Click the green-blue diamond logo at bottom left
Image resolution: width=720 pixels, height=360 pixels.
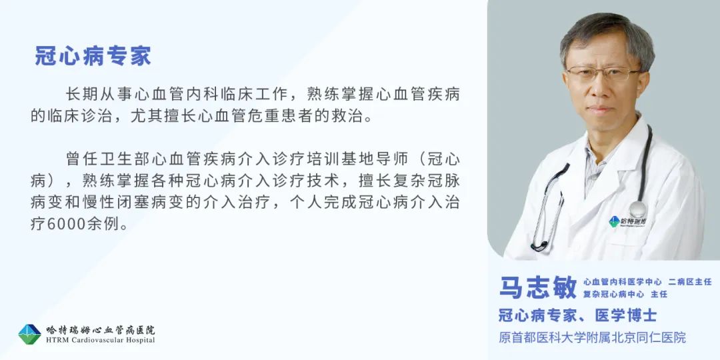click(29, 334)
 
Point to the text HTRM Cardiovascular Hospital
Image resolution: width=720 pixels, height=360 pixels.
click(100, 340)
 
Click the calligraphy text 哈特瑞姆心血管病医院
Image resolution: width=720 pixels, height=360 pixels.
click(100, 330)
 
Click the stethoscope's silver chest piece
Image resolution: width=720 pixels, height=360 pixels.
click(638, 209)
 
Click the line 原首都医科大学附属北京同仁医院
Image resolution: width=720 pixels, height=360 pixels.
click(593, 337)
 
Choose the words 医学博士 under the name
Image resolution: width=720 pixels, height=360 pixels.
click(626, 315)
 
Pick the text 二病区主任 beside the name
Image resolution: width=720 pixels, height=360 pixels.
click(690, 282)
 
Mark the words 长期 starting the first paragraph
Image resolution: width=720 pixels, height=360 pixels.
click(82, 94)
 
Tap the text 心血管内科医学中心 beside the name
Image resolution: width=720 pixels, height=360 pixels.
click(623, 282)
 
